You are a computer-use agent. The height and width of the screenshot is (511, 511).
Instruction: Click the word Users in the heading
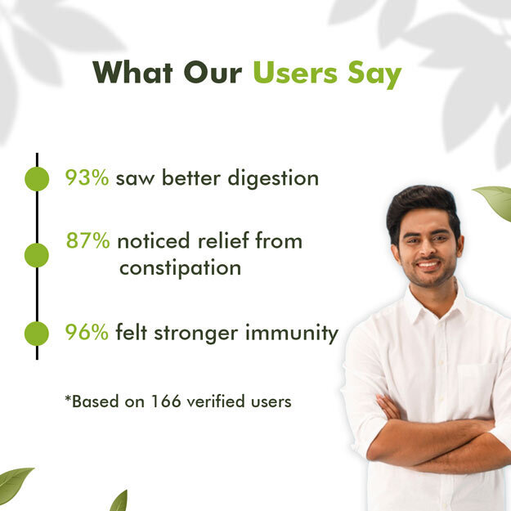(x=295, y=72)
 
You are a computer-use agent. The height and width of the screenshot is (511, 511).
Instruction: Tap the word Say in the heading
(x=374, y=75)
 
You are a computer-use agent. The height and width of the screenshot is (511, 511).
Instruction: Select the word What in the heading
(x=132, y=72)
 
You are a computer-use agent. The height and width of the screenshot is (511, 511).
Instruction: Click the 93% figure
(x=87, y=178)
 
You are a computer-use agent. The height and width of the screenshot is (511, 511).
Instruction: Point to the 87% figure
(x=88, y=240)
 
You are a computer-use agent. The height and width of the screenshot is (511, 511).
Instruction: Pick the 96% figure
(x=87, y=332)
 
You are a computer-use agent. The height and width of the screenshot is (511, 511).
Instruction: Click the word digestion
(x=273, y=180)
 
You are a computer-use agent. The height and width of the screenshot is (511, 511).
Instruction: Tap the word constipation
(x=180, y=269)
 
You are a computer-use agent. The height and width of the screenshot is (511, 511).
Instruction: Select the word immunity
(x=292, y=334)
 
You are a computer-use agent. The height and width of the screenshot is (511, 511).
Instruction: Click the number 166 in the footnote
(x=166, y=401)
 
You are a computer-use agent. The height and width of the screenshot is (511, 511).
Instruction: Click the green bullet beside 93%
(x=37, y=178)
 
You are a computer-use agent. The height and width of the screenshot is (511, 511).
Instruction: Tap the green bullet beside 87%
(x=37, y=255)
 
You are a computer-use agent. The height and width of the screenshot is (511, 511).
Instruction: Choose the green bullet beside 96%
(x=37, y=334)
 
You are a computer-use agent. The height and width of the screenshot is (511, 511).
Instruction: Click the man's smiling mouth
(x=428, y=264)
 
